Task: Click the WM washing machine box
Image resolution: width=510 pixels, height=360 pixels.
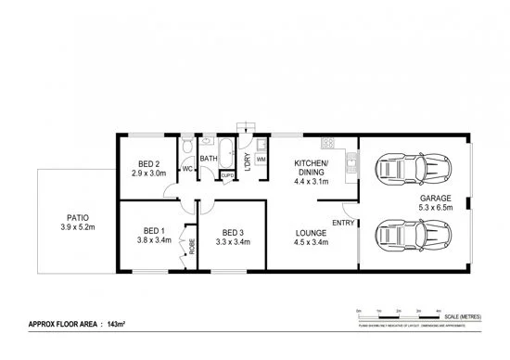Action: click(x=261, y=161)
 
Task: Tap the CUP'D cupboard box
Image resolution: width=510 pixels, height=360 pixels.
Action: click(x=226, y=174)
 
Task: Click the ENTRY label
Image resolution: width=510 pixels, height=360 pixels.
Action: click(x=341, y=223)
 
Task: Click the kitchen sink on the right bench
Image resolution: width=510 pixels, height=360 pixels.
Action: click(x=351, y=165)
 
